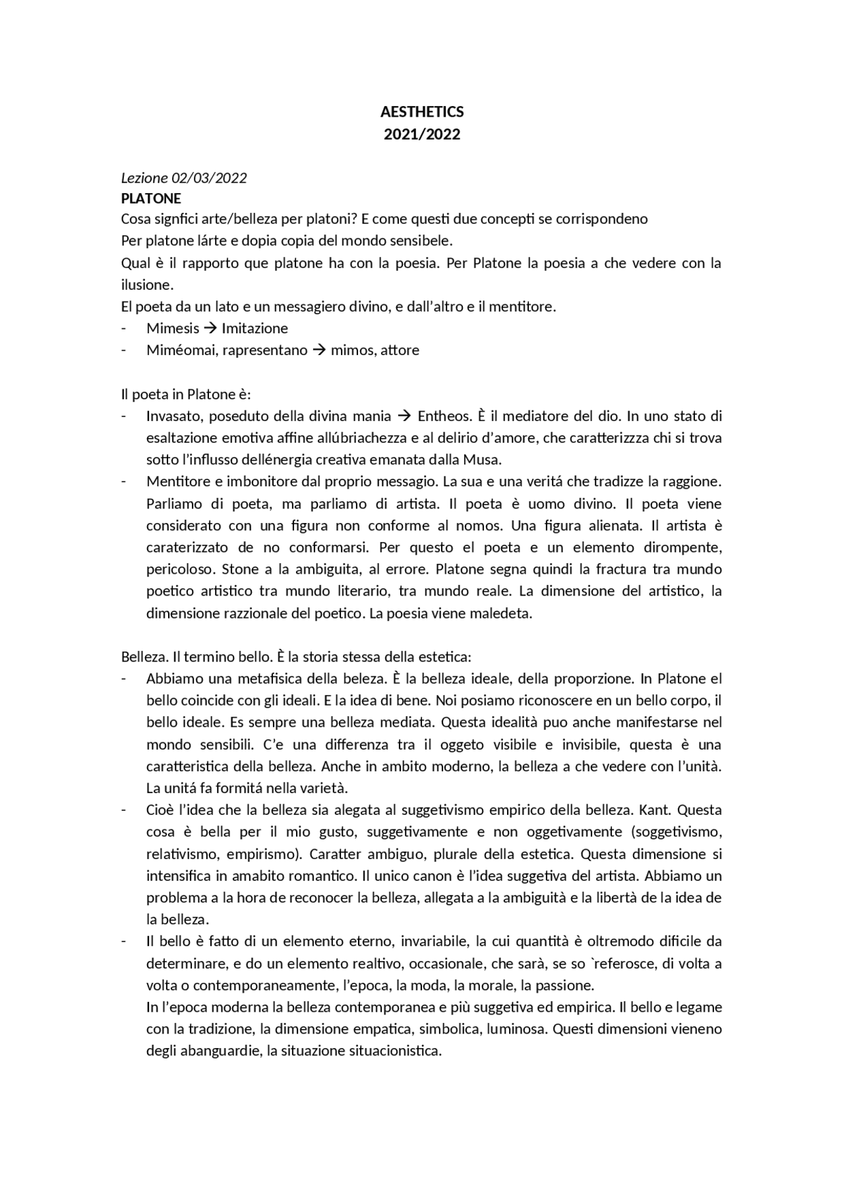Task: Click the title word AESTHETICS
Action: pyautogui.click(x=422, y=112)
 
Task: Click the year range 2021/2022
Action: pyautogui.click(x=422, y=134)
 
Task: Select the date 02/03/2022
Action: pyautogui.click(x=209, y=178)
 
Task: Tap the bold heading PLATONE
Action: pyautogui.click(x=151, y=198)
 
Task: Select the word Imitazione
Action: pyautogui.click(x=255, y=328)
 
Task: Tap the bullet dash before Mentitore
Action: pyautogui.click(x=123, y=482)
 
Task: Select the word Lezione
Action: pyautogui.click(x=144, y=178)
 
